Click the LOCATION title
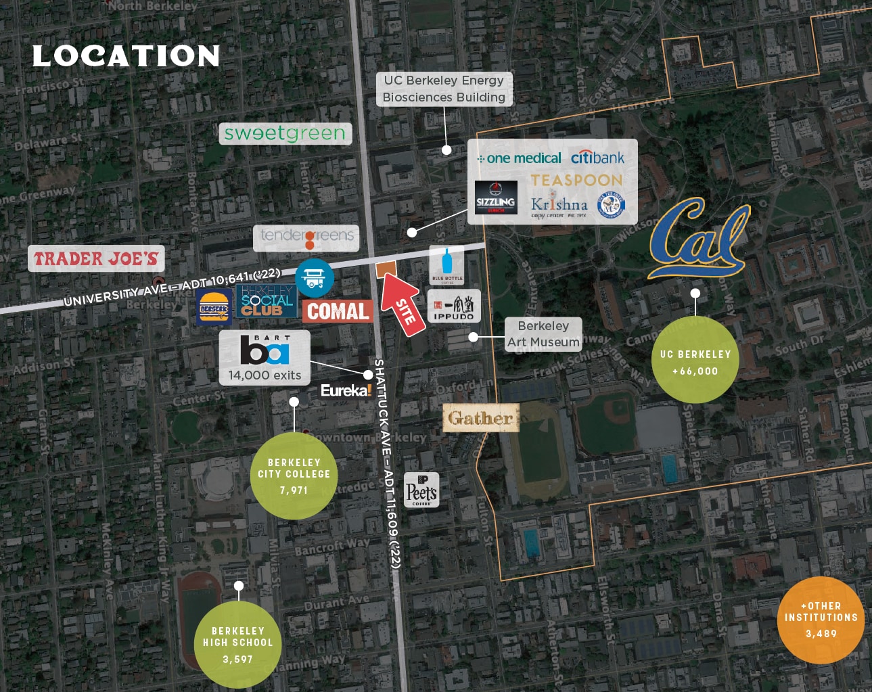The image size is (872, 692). coord(126,56)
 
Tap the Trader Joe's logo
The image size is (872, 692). coord(96,258)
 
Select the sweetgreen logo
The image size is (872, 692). coord(285,133)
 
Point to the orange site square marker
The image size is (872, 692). coord(385,269)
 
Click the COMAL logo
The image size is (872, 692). coord(338,311)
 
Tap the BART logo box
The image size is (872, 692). coord(265,357)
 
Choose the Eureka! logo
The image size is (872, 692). coord(346,390)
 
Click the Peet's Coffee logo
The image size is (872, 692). coord(421,490)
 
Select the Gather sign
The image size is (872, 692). coord(480,418)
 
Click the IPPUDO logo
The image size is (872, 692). coord(454,306)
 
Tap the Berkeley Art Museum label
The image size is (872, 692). coord(543,333)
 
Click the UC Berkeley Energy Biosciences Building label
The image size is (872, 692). coord(444,89)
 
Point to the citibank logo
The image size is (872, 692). coord(597,158)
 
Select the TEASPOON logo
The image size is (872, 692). coord(576,180)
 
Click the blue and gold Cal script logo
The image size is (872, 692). coord(698,237)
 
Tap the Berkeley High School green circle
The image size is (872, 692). coord(238,644)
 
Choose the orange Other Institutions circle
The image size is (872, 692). coord(821,620)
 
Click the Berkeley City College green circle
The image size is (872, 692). coord(294,476)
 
